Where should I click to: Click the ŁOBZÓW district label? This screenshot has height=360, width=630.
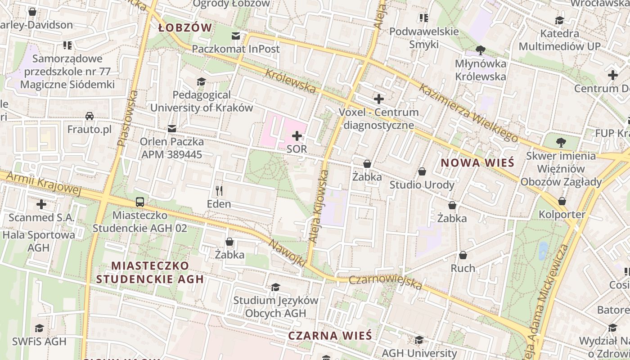click(185, 28)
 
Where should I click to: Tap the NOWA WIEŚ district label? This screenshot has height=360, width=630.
click(477, 163)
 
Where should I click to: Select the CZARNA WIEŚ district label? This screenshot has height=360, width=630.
click(330, 336)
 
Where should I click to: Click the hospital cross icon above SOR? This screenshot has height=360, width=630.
click(297, 135)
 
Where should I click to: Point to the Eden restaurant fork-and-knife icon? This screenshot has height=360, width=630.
click(219, 191)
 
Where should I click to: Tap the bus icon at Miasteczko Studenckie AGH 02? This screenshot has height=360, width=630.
click(140, 202)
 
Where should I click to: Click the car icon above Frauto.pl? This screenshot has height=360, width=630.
click(90, 116)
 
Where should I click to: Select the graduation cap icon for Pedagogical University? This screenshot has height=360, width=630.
click(201, 81)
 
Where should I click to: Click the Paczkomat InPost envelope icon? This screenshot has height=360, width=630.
click(236, 36)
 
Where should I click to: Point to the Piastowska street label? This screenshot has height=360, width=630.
click(128, 118)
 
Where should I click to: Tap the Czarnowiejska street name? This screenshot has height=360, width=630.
click(386, 283)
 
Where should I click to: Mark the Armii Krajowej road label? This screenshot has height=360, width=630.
click(43, 184)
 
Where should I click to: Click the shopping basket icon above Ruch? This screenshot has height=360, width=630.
click(463, 256)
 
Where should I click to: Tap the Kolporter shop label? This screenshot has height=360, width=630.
click(562, 214)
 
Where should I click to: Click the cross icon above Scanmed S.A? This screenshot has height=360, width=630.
click(41, 204)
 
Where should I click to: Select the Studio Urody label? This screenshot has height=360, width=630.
click(422, 185)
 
